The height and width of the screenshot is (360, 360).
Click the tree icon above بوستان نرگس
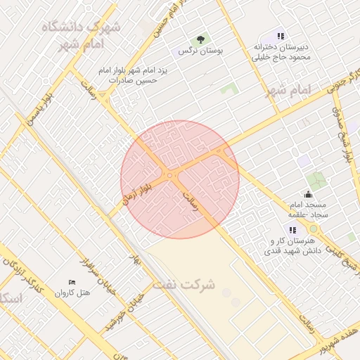pos(202,39)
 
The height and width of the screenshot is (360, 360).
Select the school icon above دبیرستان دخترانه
pos(281,36)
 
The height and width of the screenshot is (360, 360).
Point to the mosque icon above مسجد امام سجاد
pos(308,194)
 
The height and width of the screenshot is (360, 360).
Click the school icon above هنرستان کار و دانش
pos(292,230)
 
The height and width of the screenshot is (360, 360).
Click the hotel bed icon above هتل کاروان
pos(71,282)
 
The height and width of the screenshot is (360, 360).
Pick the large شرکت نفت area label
pos(188,285)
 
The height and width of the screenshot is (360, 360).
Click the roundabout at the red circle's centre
pos(170,175)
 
